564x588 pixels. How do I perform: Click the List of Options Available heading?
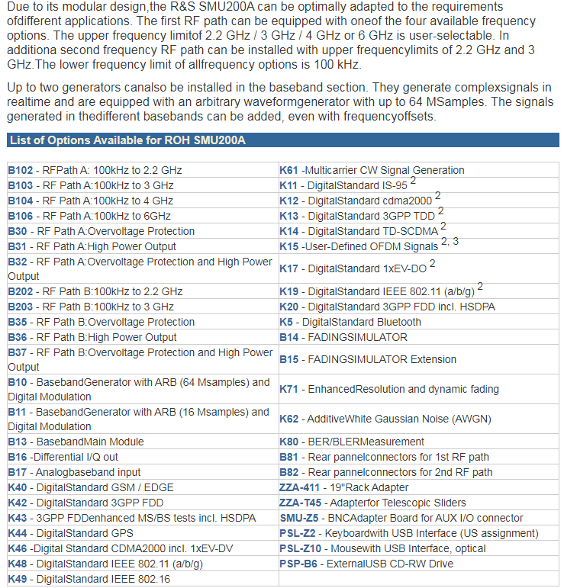(127, 140)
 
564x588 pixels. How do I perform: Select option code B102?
(21, 170)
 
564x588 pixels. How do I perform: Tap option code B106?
(21, 216)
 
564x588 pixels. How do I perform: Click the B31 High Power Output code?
(18, 246)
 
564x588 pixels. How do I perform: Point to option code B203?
(21, 307)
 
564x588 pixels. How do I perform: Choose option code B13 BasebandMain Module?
(18, 442)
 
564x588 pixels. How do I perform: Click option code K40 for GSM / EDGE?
(18, 487)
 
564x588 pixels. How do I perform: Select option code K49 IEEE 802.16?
(18, 579)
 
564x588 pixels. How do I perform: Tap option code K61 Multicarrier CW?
(288, 170)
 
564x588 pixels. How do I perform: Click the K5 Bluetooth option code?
(285, 322)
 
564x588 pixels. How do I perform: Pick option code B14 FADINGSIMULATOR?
(288, 337)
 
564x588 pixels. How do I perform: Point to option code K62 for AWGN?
(288, 419)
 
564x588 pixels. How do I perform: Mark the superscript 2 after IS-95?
(413, 181)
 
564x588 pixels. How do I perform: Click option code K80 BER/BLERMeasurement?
(288, 442)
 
